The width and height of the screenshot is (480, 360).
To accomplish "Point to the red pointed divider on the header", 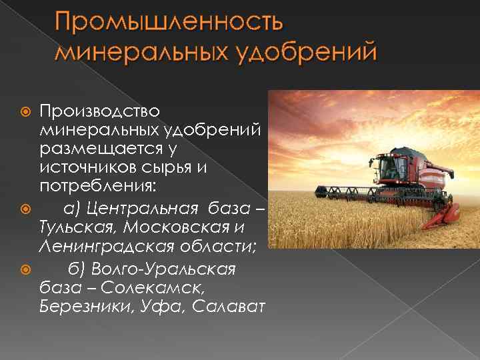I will pyautogui.click(x=449, y=213).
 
